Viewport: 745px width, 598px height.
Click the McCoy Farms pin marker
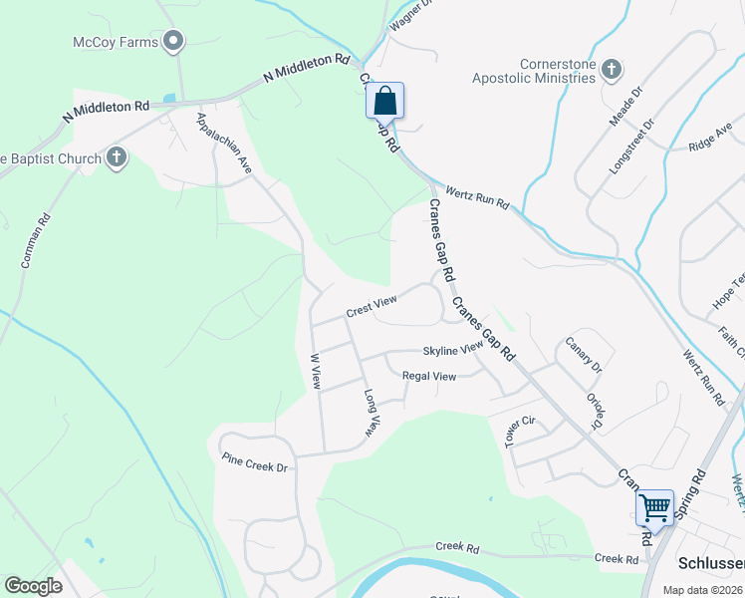pos(174,41)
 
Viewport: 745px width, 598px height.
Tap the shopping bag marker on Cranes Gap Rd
pos(384,102)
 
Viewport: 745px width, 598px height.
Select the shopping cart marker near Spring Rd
pos(655,508)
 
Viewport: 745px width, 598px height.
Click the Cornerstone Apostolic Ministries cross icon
pos(612,70)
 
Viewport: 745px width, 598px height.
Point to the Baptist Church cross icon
pos(117,157)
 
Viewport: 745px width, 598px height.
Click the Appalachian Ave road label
pos(224,144)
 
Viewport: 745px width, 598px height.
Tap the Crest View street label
pos(372,306)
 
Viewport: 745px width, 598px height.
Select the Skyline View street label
pos(452,351)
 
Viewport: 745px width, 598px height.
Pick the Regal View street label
pos(428,376)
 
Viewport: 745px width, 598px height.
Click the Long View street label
pos(372,414)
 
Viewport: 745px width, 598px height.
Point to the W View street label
pos(315,370)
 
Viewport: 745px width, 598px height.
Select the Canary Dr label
pos(584,356)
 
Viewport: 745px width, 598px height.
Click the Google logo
pos(33,586)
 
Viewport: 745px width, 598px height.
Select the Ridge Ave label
pos(709,140)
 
